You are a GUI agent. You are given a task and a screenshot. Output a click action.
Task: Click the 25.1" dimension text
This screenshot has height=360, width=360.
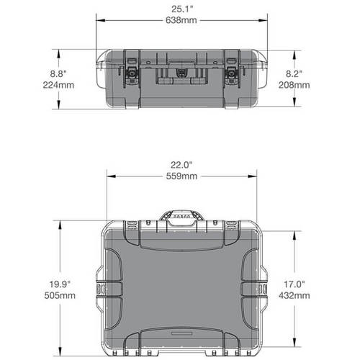coord(181,9)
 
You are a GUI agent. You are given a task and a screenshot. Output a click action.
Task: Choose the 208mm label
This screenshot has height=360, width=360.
coord(297,84)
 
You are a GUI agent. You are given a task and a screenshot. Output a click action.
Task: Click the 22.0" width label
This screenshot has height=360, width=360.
coord(181,165)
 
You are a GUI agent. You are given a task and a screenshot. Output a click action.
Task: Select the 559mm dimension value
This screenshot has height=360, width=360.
coord(181,176)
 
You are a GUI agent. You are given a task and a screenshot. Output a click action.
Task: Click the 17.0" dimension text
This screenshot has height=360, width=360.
coord(297,283)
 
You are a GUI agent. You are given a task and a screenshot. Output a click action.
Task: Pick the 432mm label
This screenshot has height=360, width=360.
coord(297,294)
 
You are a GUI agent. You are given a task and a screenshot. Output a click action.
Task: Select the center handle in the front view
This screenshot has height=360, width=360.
coord(181,73)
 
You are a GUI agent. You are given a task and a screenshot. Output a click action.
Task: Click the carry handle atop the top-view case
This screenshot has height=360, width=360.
coord(181,218)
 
